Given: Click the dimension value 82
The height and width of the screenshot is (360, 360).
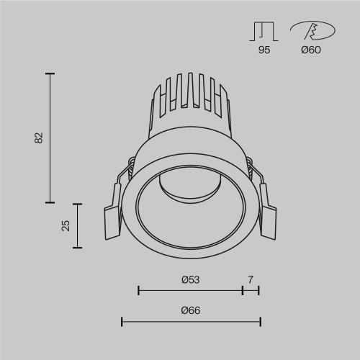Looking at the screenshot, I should [39, 138].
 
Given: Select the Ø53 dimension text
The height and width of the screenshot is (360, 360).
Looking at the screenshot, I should [190, 279].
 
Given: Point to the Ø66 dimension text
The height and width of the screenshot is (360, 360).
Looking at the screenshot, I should [190, 310].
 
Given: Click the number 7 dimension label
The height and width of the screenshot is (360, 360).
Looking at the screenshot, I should [251, 279].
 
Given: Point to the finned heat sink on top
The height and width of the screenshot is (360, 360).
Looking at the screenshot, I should [190, 101].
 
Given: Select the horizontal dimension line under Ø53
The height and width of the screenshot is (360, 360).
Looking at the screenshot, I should [190, 291].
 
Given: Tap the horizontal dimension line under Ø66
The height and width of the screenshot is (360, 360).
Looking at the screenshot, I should [190, 321].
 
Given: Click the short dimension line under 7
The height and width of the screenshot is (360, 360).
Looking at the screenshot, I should [251, 291].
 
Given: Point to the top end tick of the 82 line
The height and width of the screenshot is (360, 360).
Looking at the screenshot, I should [50, 73].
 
